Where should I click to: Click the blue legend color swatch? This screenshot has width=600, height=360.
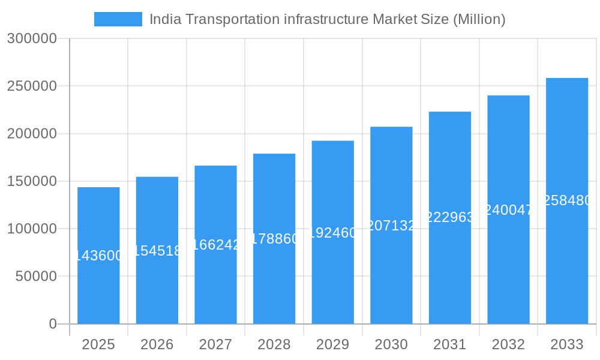click(x=118, y=19)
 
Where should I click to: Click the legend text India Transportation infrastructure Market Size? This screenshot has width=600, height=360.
click(x=327, y=19)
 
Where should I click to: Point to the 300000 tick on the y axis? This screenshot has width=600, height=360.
click(x=32, y=39)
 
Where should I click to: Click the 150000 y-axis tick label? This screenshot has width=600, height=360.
click(x=32, y=181)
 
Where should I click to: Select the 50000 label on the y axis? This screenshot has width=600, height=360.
click(x=35, y=277)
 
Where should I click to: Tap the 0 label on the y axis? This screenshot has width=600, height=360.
click(x=52, y=324)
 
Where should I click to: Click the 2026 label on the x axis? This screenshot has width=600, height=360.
click(x=157, y=344)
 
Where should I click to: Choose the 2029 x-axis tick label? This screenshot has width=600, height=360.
click(x=332, y=344)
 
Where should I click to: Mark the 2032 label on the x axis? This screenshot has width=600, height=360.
click(x=508, y=344)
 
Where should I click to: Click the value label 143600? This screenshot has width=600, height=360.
click(x=98, y=256)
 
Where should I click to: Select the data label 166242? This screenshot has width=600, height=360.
click(x=216, y=245)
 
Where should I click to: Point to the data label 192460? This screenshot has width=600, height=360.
click(x=333, y=233)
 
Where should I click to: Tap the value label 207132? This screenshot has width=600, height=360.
click(x=391, y=226)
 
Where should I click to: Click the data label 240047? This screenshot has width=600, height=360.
click(x=508, y=210)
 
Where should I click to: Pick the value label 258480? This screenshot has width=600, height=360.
click(x=567, y=200)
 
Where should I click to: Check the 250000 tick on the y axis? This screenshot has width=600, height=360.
click(x=32, y=86)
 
